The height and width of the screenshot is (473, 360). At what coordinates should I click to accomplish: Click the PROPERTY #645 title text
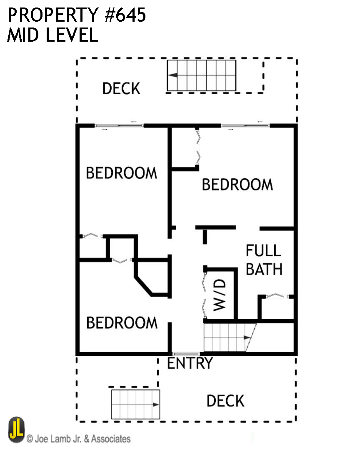click(77, 15)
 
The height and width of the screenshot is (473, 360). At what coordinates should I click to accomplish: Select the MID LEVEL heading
click(52, 35)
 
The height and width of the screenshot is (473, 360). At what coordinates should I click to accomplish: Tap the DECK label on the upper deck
click(121, 88)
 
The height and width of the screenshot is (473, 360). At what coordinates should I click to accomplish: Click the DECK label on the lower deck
click(225, 401)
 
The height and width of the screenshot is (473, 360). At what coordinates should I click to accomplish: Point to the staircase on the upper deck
click(202, 75)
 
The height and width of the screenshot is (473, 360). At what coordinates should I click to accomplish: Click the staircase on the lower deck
click(136, 404)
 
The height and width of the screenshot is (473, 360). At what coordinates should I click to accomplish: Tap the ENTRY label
click(190, 363)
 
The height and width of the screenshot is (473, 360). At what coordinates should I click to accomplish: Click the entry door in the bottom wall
click(186, 354)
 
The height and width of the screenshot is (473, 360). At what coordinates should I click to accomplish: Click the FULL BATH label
click(264, 260)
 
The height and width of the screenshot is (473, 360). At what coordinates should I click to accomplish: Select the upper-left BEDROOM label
click(122, 173)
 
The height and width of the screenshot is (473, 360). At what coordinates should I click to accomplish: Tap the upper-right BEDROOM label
click(237, 184)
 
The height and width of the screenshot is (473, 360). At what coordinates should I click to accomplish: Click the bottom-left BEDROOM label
click(122, 323)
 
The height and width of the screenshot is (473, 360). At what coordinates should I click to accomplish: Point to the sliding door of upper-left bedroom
click(119, 125)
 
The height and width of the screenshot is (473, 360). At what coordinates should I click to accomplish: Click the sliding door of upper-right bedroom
click(245, 125)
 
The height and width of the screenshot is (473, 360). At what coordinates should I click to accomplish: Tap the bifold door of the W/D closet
click(205, 294)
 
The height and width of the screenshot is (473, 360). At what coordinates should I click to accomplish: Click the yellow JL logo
click(17, 430)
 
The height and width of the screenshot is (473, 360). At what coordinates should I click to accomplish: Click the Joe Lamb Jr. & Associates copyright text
click(79, 438)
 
